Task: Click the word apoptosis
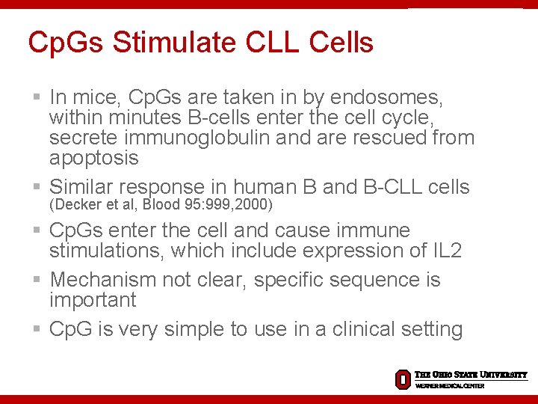point(93,158)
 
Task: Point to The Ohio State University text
point(471,375)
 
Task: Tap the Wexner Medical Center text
point(450,386)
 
